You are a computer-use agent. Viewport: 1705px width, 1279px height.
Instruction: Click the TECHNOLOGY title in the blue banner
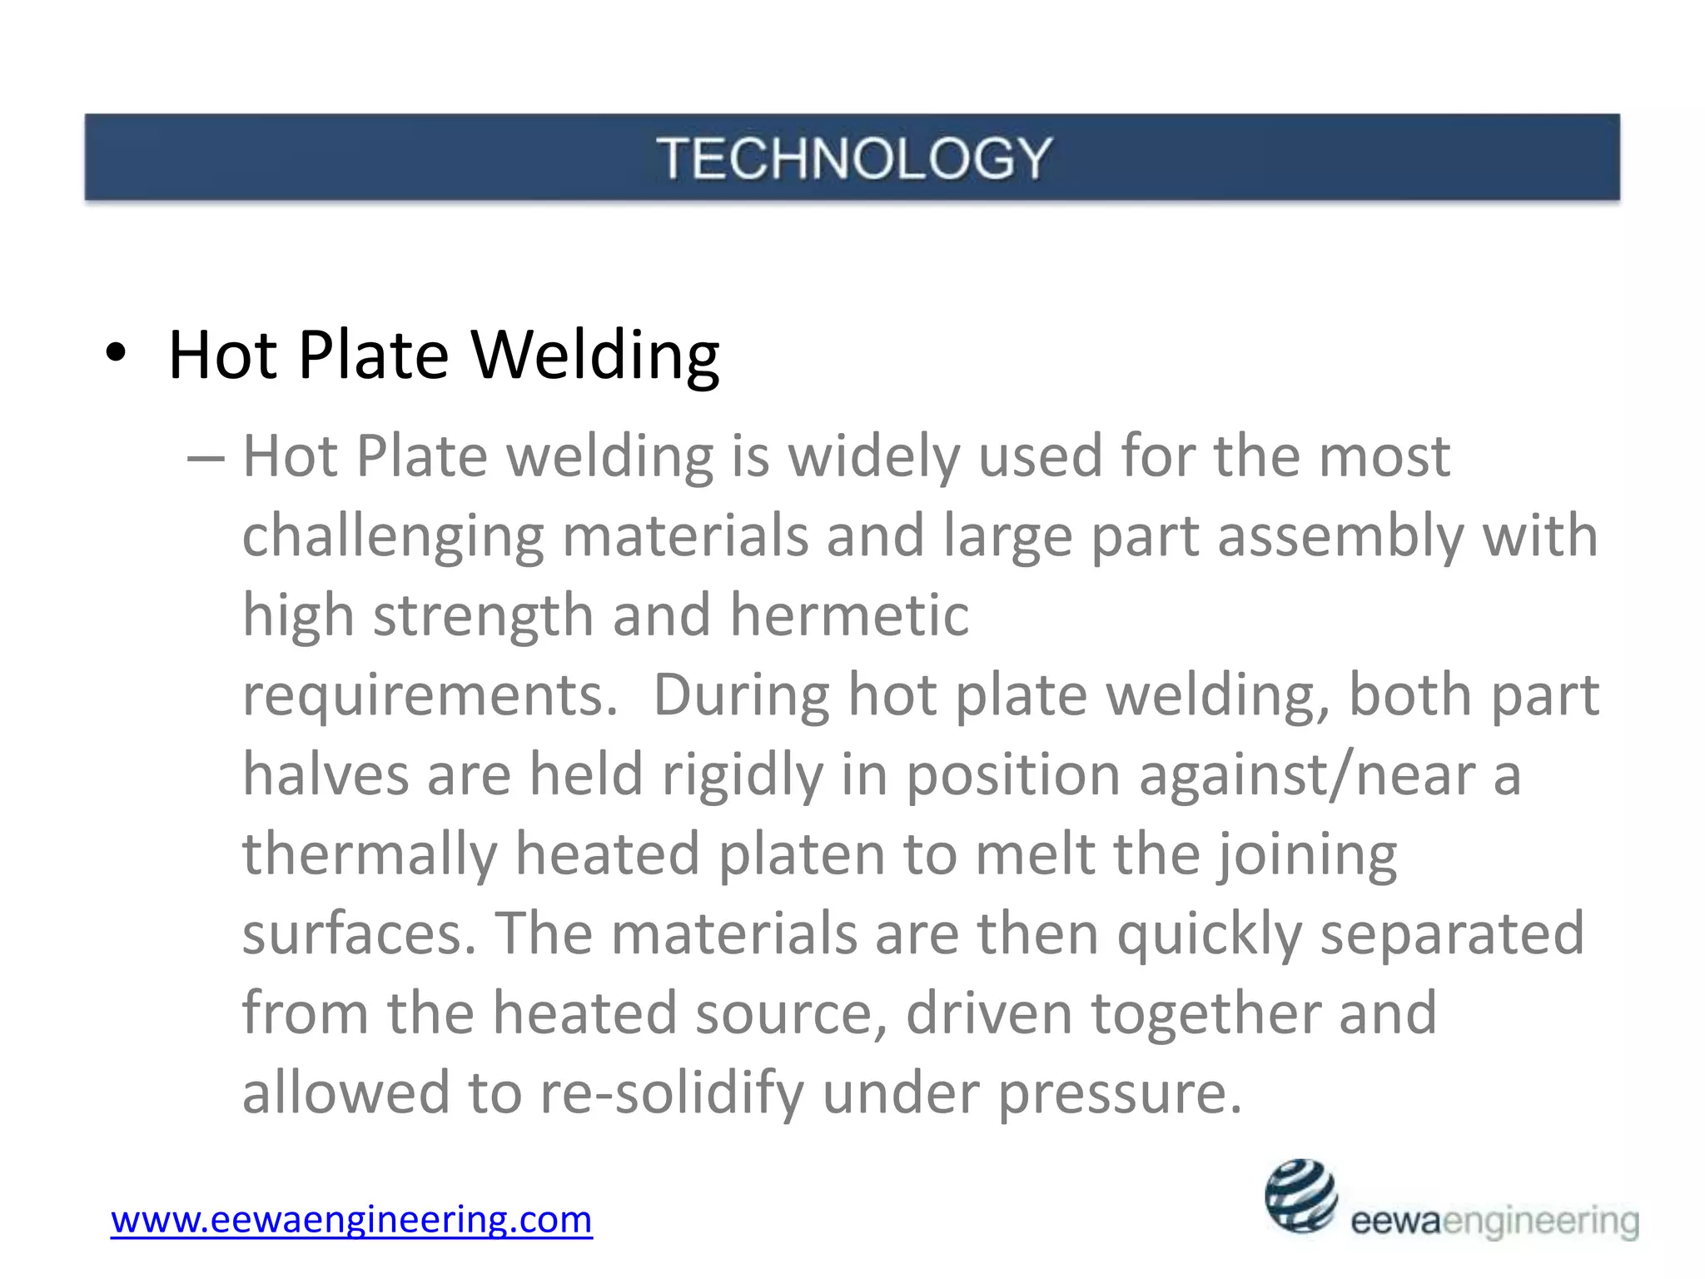pyautogui.click(x=854, y=158)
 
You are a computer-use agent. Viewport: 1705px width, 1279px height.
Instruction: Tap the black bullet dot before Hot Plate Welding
pyautogui.click(x=117, y=355)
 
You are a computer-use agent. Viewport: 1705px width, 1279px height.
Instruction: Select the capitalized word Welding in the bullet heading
pyautogui.click(x=595, y=356)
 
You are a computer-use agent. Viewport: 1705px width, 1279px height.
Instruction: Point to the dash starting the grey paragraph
pyautogui.click(x=206, y=459)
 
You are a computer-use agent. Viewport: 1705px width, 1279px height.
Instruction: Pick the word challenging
pyautogui.click(x=393, y=537)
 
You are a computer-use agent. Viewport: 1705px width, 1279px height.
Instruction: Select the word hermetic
pyautogui.click(x=849, y=615)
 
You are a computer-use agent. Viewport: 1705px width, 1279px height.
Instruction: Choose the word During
pyautogui.click(x=742, y=694)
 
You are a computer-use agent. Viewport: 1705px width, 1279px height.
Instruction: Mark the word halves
pyautogui.click(x=326, y=774)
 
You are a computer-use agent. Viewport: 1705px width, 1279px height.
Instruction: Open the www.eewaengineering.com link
pyautogui.click(x=351, y=1220)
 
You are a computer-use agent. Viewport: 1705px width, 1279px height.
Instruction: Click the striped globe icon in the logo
pyautogui.click(x=1300, y=1196)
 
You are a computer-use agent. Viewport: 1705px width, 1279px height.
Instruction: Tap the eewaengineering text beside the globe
pyautogui.click(x=1494, y=1222)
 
